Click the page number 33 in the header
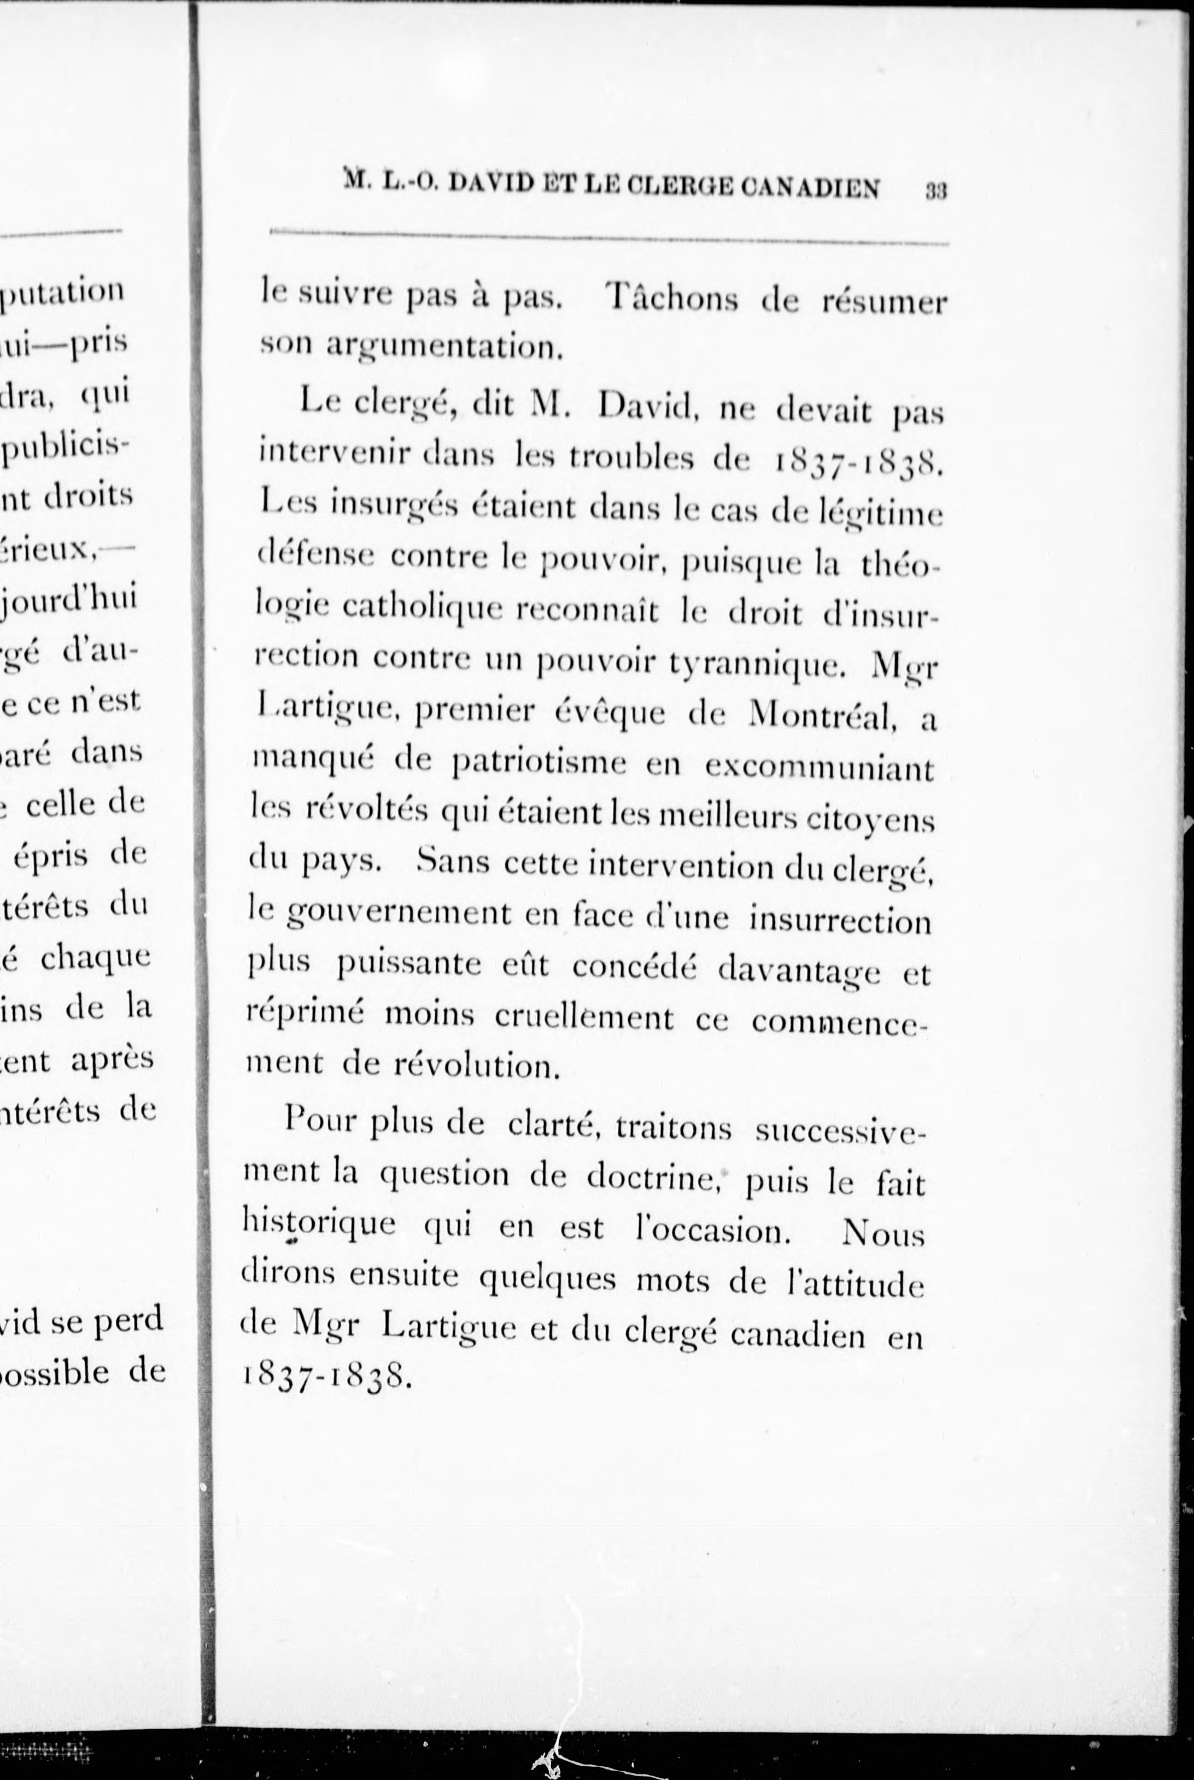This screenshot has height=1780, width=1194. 936,190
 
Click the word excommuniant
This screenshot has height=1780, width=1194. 818,766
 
